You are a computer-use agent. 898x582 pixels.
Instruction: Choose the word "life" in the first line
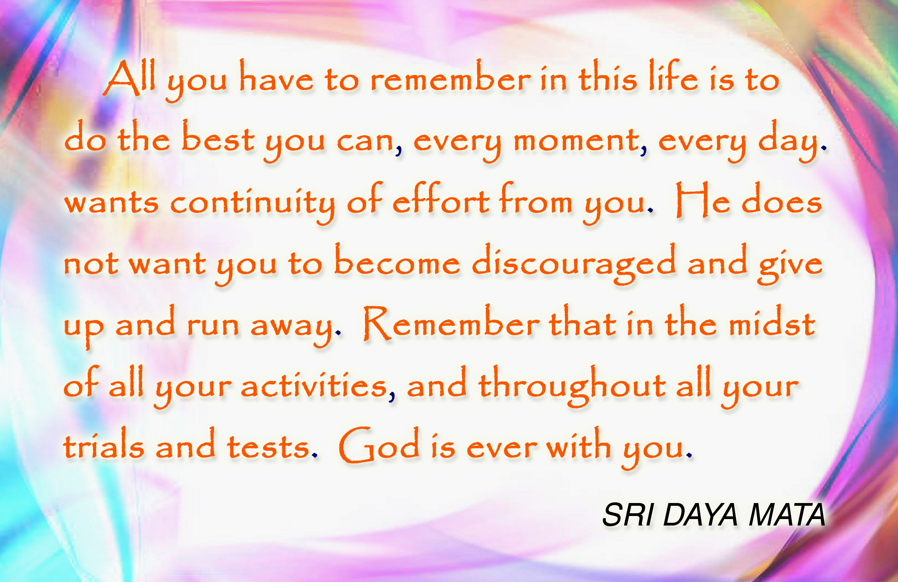(673, 76)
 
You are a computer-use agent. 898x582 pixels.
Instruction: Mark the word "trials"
(104, 446)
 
